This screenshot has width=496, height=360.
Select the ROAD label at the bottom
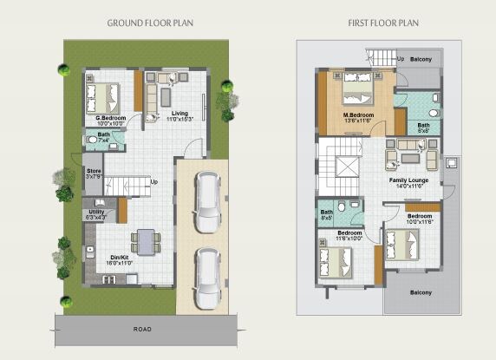pos(142,330)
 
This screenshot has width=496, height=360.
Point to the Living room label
pos(179,114)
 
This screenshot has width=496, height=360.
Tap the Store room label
pos(94,171)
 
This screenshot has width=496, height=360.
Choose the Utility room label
pos(96,212)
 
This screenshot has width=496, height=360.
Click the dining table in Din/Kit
pos(146,240)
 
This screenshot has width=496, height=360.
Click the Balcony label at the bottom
pos(421,292)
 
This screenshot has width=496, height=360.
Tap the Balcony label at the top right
pos(421,60)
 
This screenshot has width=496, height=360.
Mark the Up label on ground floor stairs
pos(153,182)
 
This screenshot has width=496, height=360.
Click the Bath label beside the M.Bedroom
pos(423,126)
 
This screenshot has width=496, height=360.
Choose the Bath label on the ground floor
pos(103,134)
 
